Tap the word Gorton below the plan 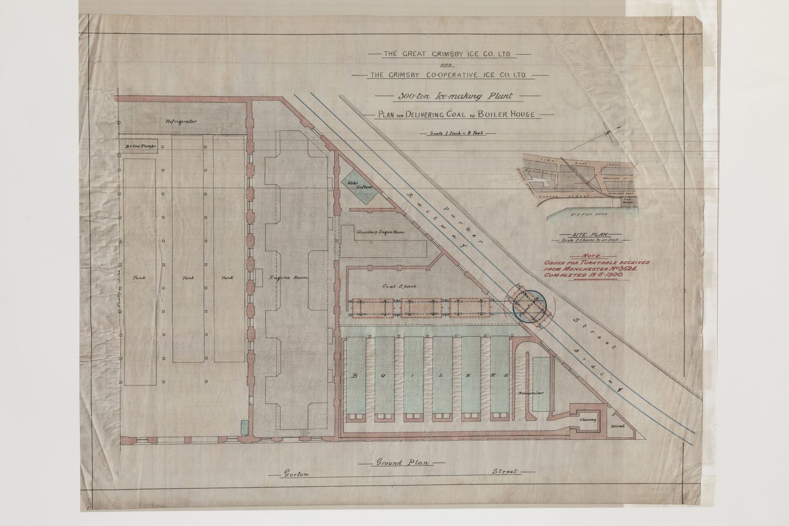[293, 474]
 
